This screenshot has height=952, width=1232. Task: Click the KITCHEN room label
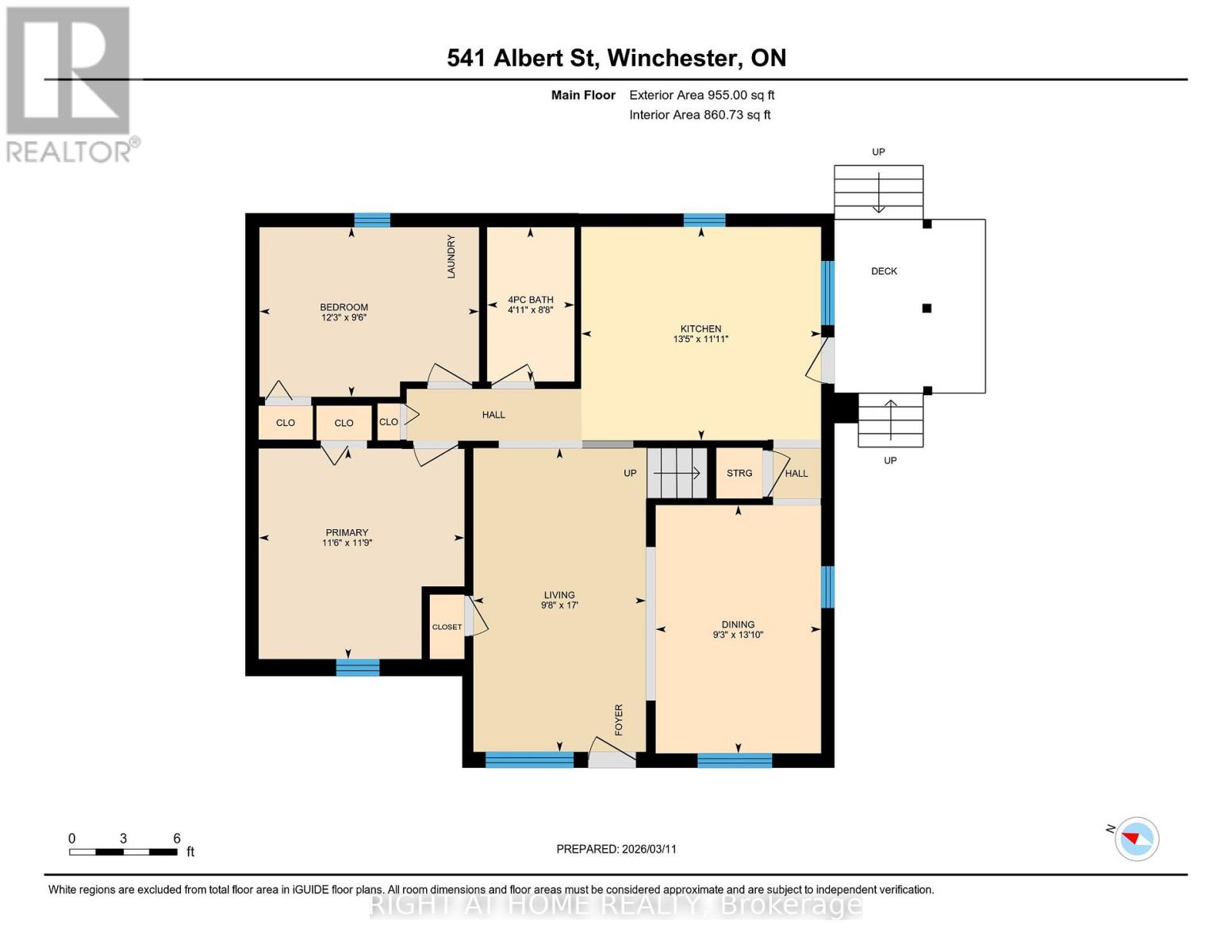[x=700, y=328]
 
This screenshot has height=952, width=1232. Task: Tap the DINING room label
[x=738, y=624]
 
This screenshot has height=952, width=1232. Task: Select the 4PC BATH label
[x=530, y=300]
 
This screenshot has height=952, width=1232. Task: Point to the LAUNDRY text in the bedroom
[x=451, y=255]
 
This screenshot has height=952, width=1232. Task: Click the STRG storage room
[x=739, y=473]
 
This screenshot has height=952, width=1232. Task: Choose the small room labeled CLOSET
[x=447, y=627]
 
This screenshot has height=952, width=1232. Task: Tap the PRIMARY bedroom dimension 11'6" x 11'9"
[x=347, y=543]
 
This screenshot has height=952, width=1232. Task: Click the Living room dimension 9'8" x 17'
[x=559, y=605]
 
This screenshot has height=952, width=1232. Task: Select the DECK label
[x=884, y=271]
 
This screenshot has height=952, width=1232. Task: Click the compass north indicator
[x=1136, y=839]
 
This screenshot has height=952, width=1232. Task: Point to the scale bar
[x=123, y=852]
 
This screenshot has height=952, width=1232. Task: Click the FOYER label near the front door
[x=619, y=720]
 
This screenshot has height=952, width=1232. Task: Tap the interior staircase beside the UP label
[x=677, y=474]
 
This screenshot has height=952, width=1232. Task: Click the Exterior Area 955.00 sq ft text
[x=701, y=95]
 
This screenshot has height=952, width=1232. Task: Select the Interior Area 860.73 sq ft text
[x=700, y=115]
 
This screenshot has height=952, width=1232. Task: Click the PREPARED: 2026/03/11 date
[x=616, y=849]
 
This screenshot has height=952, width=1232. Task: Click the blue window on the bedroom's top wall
[x=372, y=221]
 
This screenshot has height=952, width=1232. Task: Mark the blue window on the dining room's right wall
[x=827, y=586]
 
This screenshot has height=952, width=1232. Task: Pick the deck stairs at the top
[x=878, y=191]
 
